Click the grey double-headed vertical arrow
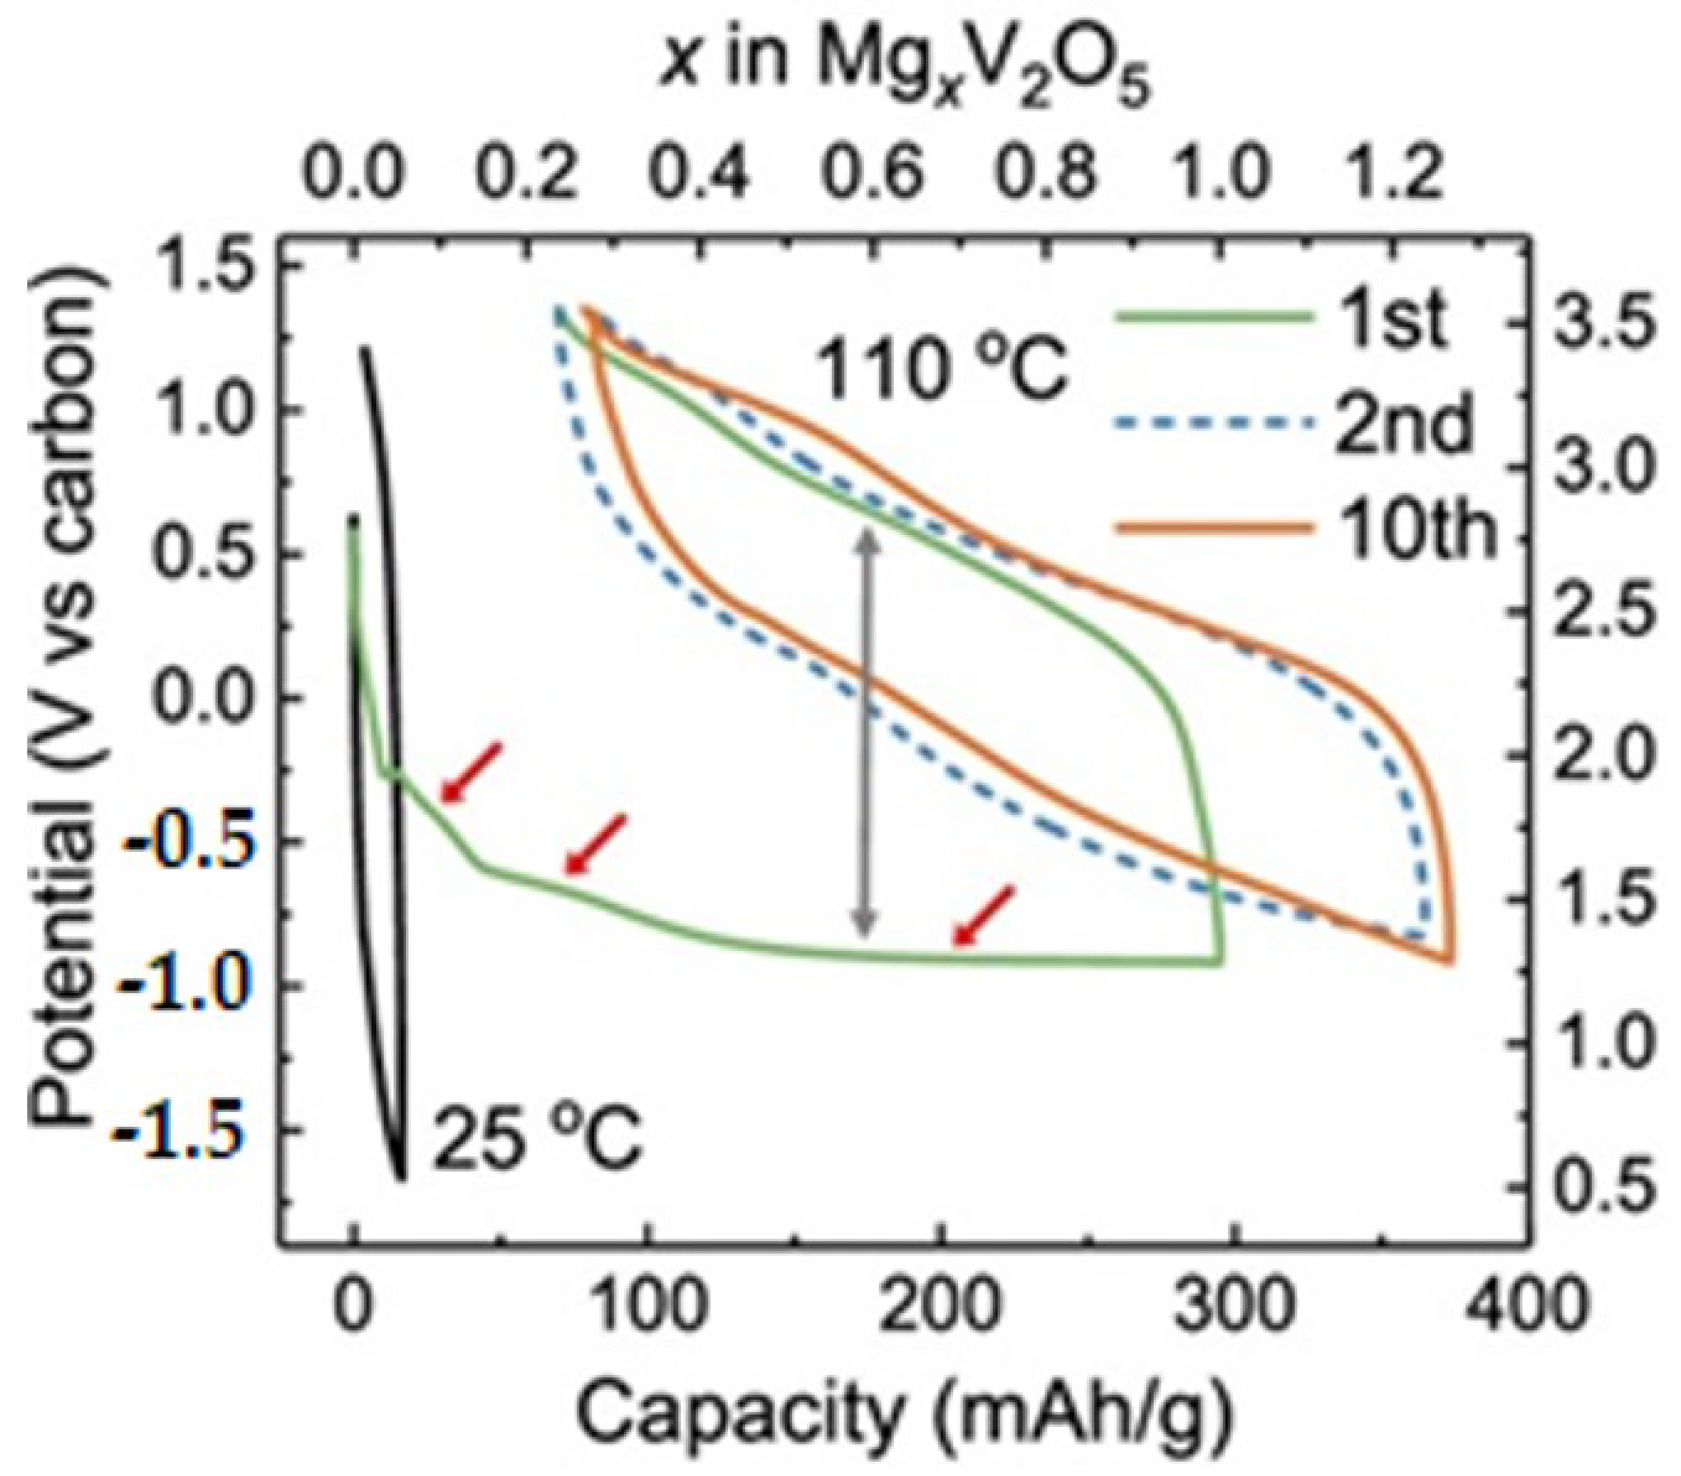point(865,732)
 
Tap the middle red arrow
point(596,843)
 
